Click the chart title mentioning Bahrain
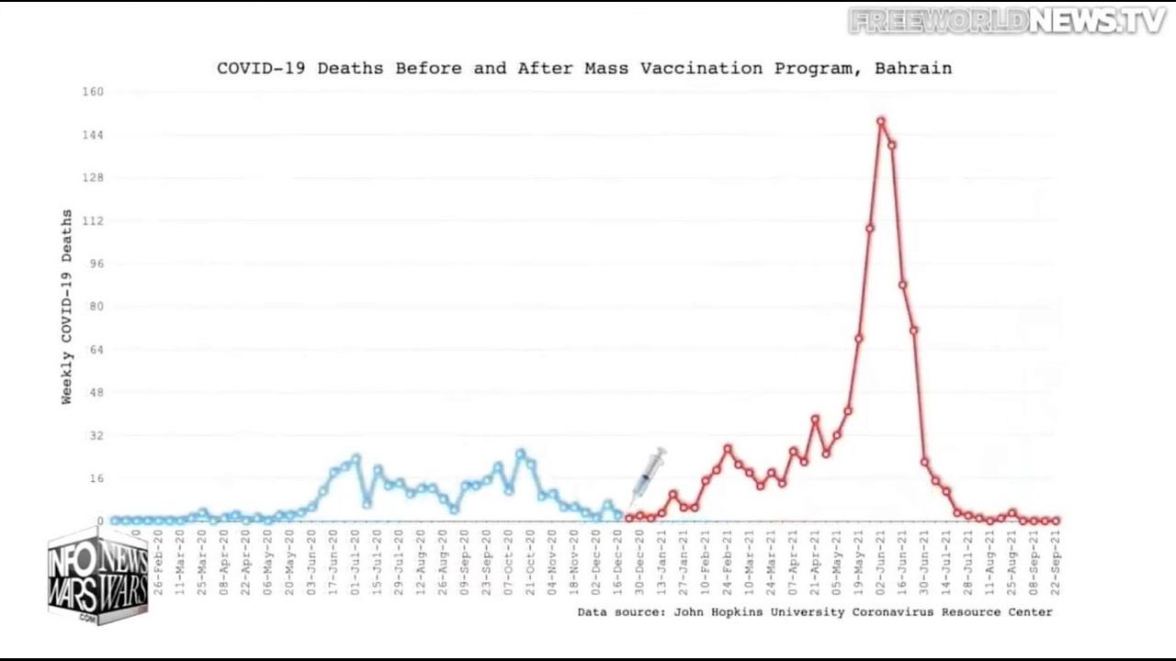pos(584,68)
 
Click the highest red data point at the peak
pos(880,121)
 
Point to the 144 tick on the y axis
pos(94,135)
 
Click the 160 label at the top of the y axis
pos(94,92)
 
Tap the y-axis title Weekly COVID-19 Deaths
pos(67,307)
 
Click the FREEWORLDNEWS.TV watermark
pos(1007,20)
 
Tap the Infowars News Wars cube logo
pos(98,577)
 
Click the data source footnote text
pos(815,611)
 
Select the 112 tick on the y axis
pos(94,221)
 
